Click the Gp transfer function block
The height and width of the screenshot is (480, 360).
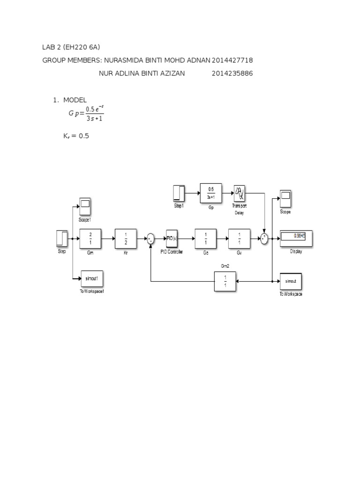coord(210,193)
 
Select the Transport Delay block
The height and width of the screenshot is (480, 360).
coord(240,192)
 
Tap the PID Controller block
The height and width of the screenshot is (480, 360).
coord(171,239)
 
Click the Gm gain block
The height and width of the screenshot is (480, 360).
coord(90,239)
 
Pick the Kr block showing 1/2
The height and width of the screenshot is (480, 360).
coord(126,239)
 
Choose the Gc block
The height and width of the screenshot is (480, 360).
coord(205,239)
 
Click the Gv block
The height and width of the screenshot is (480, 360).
coord(240,239)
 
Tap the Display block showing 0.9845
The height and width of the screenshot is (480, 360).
coord(295,238)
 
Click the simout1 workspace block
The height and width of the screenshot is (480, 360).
coord(91,280)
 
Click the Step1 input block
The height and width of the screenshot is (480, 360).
coord(179,193)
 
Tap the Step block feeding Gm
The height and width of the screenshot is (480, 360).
coord(62,239)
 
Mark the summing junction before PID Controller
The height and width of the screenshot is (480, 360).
coord(150,239)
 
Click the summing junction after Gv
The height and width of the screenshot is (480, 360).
coord(265,239)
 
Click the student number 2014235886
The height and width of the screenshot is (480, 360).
coord(232,73)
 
